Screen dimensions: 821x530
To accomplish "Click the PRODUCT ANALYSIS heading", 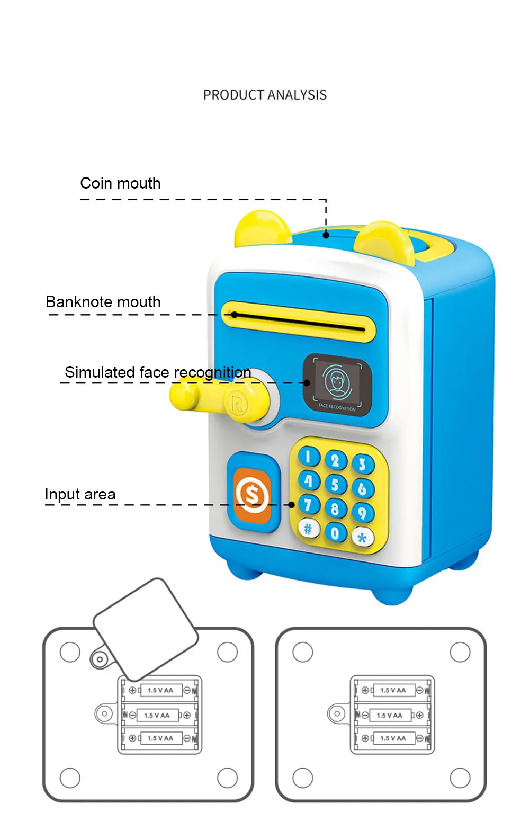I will [x=265, y=95].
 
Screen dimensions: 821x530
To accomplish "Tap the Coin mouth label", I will [x=120, y=183].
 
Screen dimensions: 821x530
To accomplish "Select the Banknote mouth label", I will [x=103, y=302].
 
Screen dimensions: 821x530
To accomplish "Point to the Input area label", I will [x=80, y=494].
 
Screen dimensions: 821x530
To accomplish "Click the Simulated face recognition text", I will [x=158, y=372].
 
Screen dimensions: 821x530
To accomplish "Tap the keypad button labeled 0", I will [x=335, y=532].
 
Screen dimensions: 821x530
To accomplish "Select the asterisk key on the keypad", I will [x=362, y=538].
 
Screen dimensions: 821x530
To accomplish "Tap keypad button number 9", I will [x=363, y=513].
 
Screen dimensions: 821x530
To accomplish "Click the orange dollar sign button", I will [x=253, y=495].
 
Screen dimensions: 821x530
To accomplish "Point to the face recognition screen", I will [x=337, y=385].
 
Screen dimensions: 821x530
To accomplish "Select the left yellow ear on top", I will [x=263, y=228].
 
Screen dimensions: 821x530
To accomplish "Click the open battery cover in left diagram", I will [x=146, y=628].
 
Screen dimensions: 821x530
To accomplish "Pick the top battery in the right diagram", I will [x=392, y=691].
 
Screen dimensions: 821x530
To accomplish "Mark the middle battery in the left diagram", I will [x=157, y=715].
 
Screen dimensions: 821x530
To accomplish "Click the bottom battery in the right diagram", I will [x=392, y=738].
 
